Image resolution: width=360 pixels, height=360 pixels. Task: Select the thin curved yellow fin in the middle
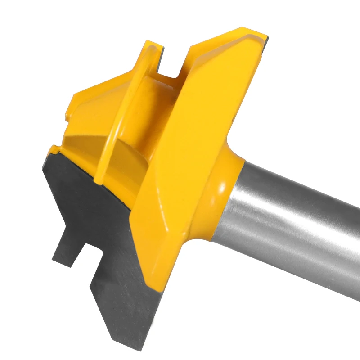point(121,112)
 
